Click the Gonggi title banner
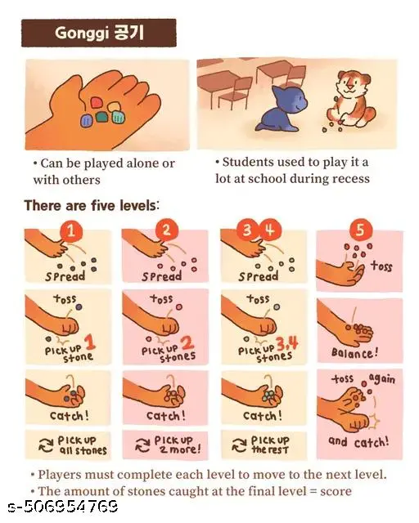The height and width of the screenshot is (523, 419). pyautogui.click(x=98, y=33)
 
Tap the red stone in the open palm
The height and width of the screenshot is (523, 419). pyautogui.click(x=97, y=102)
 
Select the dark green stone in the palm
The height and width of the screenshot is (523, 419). pyautogui.click(x=101, y=117)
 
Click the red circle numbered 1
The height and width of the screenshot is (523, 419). pyautogui.click(x=71, y=230)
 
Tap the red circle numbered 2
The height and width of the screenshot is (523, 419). pyautogui.click(x=166, y=230)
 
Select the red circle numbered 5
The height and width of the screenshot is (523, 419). pyautogui.click(x=360, y=230)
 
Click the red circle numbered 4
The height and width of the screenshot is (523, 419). pyautogui.click(x=270, y=230)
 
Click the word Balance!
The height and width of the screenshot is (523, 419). pyautogui.click(x=354, y=352)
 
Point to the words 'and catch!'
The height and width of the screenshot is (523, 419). pyautogui.click(x=358, y=442)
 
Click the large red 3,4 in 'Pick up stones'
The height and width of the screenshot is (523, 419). pyautogui.click(x=287, y=343)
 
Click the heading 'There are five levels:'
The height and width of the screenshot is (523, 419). pyautogui.click(x=91, y=205)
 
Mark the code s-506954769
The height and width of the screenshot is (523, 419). pyautogui.click(x=63, y=506)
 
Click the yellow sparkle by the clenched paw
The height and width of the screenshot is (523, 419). pyautogui.click(x=375, y=421)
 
